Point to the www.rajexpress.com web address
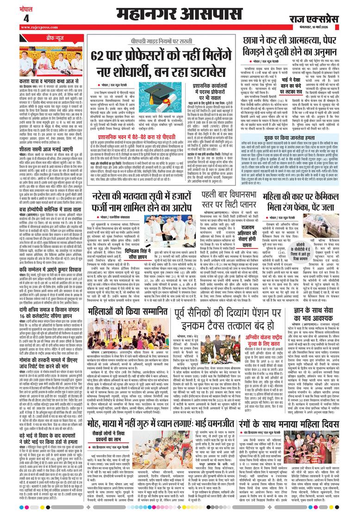[x=37, y=28]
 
